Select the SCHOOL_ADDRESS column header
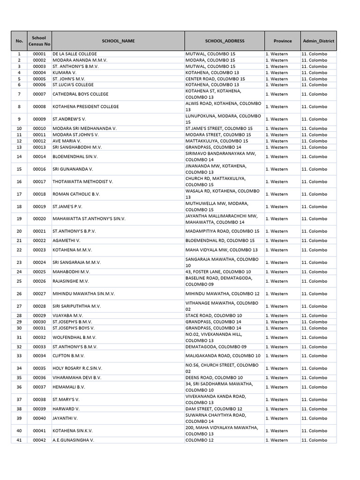click(x=225, y=41)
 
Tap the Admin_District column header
click(x=318, y=41)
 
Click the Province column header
click(x=282, y=41)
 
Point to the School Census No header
click(x=39, y=41)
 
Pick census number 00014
click(x=39, y=157)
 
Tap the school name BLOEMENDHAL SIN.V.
click(x=75, y=157)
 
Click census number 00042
click(x=39, y=440)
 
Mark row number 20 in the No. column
click(x=19, y=231)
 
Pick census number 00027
click(x=39, y=294)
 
